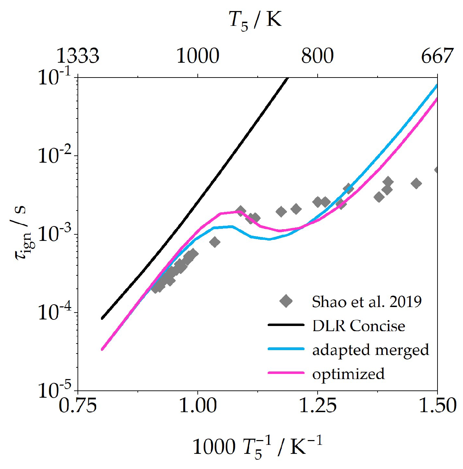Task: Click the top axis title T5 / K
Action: click(x=255, y=20)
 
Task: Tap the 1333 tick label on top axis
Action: click(x=78, y=56)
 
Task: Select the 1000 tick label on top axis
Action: click(x=198, y=56)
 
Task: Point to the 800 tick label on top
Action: click(x=317, y=56)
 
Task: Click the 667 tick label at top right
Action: click(x=437, y=56)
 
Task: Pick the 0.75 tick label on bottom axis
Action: click(x=78, y=406)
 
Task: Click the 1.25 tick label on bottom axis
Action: click(x=317, y=406)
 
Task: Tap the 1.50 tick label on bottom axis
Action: click(x=437, y=406)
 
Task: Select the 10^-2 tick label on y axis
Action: click(x=54, y=156)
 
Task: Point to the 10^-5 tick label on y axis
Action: click(x=54, y=391)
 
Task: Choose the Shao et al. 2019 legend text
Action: click(x=367, y=302)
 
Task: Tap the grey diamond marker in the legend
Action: click(x=286, y=301)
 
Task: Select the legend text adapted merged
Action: click(x=371, y=350)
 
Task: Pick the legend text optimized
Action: click(x=348, y=374)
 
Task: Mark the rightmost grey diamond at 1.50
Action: click(x=436, y=170)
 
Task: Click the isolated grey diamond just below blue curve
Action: click(x=215, y=242)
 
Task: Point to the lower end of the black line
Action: click(x=102, y=318)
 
